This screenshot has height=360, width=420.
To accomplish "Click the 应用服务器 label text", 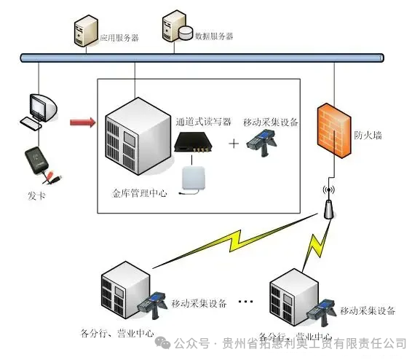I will (x=119, y=36).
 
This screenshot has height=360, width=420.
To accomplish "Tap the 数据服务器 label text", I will (x=214, y=36).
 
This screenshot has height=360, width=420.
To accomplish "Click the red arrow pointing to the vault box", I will (x=82, y=122).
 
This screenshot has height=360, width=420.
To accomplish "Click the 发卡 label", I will (x=36, y=196).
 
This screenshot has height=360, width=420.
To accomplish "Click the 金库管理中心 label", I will (x=140, y=194).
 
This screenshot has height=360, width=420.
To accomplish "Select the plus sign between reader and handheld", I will (x=234, y=144).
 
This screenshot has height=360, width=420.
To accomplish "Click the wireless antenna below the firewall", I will (x=328, y=206).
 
